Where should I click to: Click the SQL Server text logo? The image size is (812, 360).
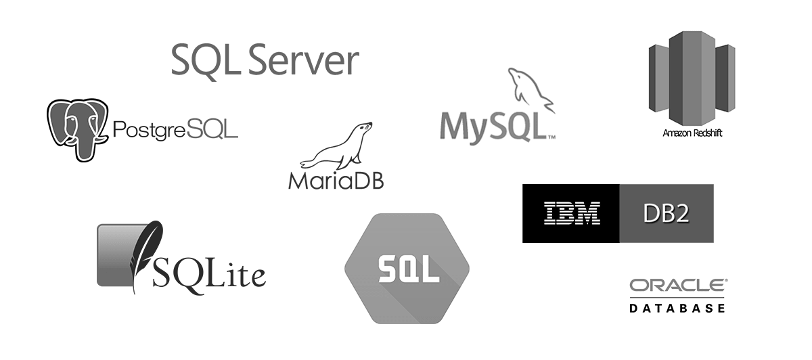[x=264, y=61]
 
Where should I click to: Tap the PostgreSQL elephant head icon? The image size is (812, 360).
[x=76, y=129]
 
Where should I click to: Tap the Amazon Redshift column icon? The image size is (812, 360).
[x=692, y=74]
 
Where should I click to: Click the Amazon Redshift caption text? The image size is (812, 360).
[x=692, y=133]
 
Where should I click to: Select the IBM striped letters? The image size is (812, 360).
[x=572, y=213]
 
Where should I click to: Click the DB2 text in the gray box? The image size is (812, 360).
[x=667, y=213]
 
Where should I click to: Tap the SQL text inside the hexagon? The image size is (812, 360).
[x=407, y=269]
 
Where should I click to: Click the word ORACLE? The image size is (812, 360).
[x=674, y=287]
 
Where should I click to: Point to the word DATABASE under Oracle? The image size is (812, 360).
[x=677, y=309]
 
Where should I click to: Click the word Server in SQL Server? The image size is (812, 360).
[x=302, y=61]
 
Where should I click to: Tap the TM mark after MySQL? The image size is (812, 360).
[x=551, y=137]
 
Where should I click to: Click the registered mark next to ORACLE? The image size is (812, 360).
[x=725, y=280]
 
